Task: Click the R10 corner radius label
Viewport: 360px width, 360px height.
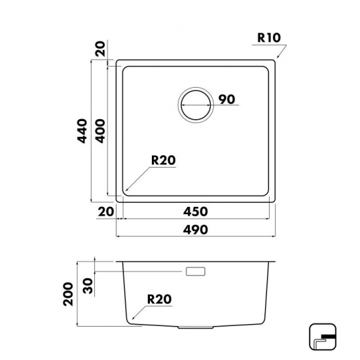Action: tap(269, 38)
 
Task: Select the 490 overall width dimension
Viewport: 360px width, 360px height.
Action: tap(196, 230)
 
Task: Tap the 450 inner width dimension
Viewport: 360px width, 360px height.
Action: tap(196, 211)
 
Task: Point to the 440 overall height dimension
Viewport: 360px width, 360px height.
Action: tap(82, 131)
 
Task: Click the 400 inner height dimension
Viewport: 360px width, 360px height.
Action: tap(100, 131)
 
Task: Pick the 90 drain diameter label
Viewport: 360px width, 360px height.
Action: tap(226, 99)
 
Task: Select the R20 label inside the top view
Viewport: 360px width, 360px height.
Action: tap(164, 160)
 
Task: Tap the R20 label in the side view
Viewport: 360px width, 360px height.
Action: tap(159, 299)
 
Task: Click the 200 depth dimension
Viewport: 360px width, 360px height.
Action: tap(68, 294)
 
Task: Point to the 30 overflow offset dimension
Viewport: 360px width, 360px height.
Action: tap(88, 286)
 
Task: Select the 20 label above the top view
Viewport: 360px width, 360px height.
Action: tap(100, 48)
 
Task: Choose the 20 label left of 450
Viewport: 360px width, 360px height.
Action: tap(106, 211)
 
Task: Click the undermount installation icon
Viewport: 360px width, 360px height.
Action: tap(323, 337)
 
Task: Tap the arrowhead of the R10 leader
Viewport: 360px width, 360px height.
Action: tap(278, 57)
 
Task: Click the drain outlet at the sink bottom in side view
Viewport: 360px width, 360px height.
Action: tap(196, 327)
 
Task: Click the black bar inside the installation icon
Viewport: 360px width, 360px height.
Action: tap(329, 336)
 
